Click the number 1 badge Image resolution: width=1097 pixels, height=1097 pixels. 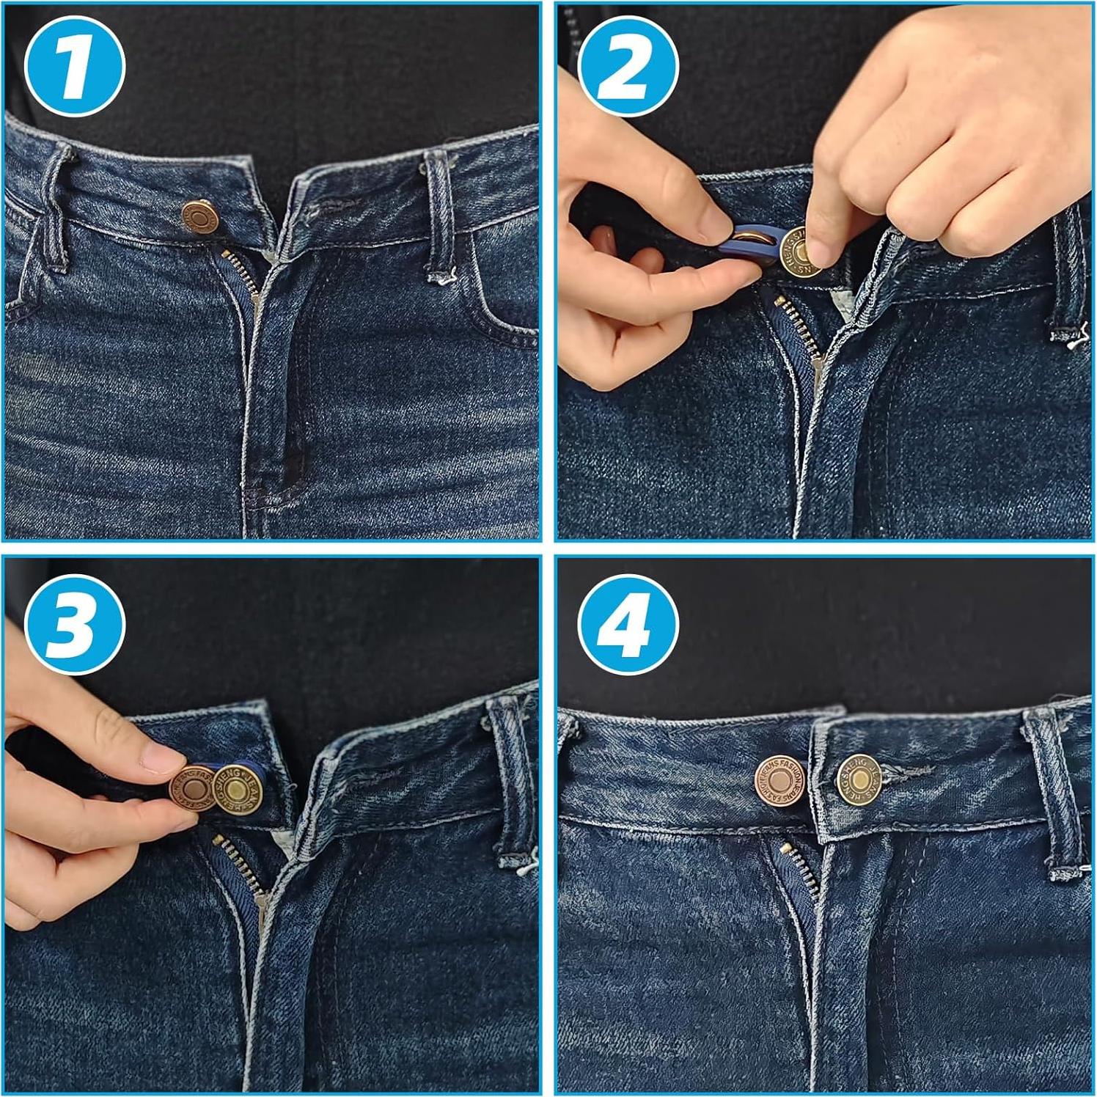75,67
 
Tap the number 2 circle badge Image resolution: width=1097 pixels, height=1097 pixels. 628,67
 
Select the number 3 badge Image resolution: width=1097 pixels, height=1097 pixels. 75,624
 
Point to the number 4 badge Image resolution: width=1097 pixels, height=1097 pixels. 628,624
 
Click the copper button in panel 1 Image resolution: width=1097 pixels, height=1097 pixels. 199,218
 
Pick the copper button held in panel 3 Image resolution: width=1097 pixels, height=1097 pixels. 194,790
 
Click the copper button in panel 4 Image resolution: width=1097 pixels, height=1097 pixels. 780,779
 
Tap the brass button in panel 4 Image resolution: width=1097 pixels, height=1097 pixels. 859,779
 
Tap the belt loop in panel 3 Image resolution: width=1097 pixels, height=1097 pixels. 513,785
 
